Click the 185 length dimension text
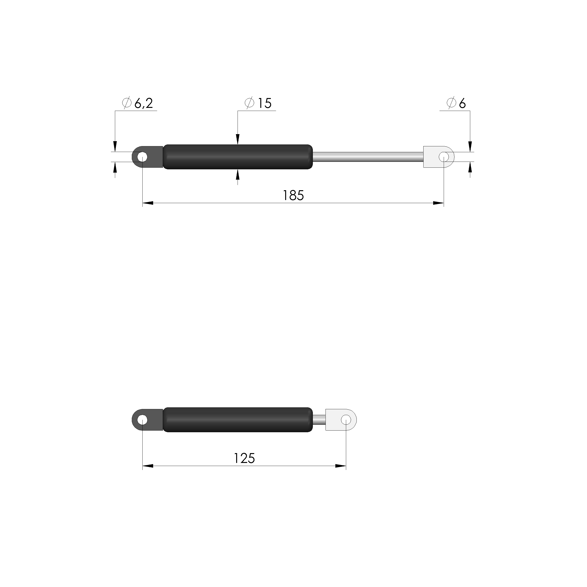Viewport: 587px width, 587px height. [293, 196]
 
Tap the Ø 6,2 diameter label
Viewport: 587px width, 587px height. [137, 103]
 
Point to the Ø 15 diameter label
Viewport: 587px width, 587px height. [258, 103]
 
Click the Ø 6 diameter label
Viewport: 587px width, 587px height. [456, 103]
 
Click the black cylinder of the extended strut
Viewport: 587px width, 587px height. [238, 157]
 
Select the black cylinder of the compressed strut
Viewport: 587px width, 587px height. [238, 420]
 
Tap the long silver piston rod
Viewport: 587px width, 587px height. [368, 157]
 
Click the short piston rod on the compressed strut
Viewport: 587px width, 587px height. [319, 420]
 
